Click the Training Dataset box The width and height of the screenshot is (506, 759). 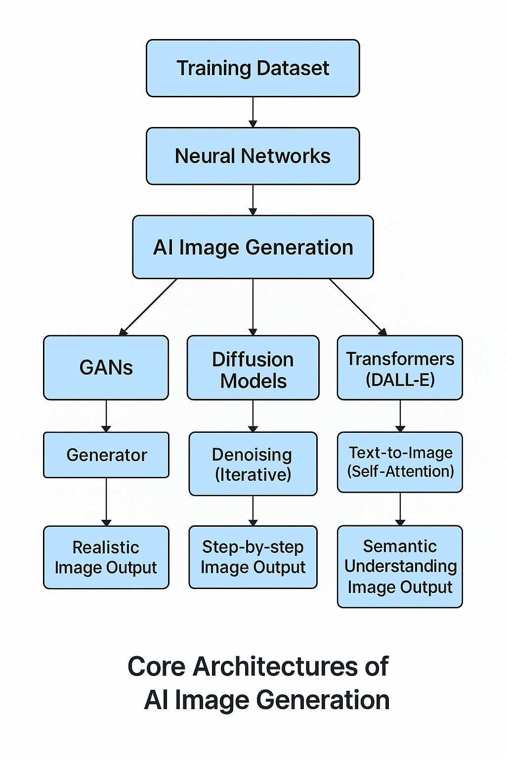point(253,68)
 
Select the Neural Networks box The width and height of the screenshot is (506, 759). point(253,156)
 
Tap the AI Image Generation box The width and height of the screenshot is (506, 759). point(253,247)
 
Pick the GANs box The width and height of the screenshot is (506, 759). point(106,368)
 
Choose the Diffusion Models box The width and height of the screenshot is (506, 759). point(253,368)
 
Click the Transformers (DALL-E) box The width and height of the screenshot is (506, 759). point(400,368)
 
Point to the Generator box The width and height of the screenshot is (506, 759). point(106,455)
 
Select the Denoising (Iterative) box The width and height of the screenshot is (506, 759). point(253,464)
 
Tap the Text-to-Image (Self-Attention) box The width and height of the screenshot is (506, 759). point(400,462)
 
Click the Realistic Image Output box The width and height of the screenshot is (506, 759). point(106,557)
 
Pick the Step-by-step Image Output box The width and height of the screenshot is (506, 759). point(253,557)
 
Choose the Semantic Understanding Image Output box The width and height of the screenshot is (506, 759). point(400,566)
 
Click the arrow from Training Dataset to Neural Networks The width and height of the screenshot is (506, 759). point(253,112)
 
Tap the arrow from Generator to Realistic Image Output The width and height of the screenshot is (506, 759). point(106,502)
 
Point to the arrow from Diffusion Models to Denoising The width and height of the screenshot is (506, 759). point(253,416)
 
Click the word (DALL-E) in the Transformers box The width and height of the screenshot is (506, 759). point(400,379)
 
